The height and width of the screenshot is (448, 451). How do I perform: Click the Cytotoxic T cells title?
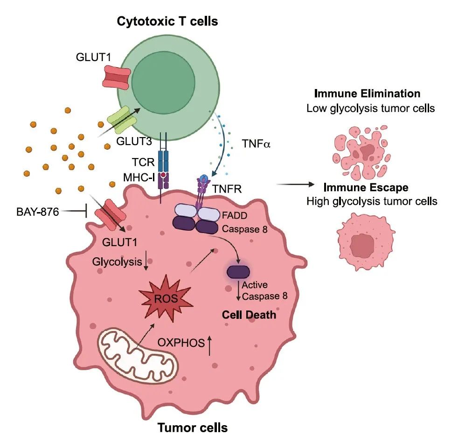click(167, 21)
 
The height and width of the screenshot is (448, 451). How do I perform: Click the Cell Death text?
click(248, 315)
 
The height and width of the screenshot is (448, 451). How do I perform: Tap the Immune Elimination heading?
click(367, 93)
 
